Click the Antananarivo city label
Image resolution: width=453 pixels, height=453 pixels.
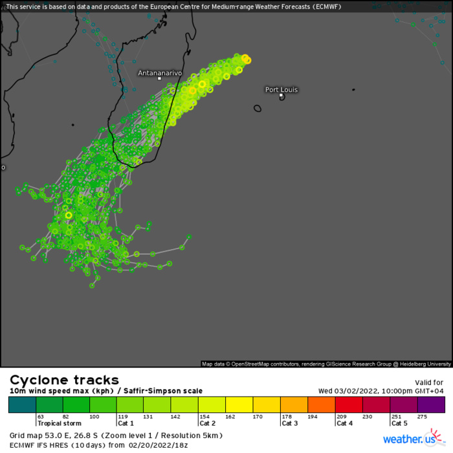(160, 73)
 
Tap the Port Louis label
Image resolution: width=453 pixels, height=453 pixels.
(282, 89)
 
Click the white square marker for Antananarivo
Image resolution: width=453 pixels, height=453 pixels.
(159, 79)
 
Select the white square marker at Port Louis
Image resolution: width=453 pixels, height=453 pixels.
(282, 96)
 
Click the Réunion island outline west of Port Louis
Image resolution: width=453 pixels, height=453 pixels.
(258, 109)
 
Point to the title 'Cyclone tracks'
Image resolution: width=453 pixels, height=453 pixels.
(64, 380)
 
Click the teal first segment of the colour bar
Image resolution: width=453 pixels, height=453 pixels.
(22, 405)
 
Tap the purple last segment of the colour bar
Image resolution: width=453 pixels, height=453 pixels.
(431, 405)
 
